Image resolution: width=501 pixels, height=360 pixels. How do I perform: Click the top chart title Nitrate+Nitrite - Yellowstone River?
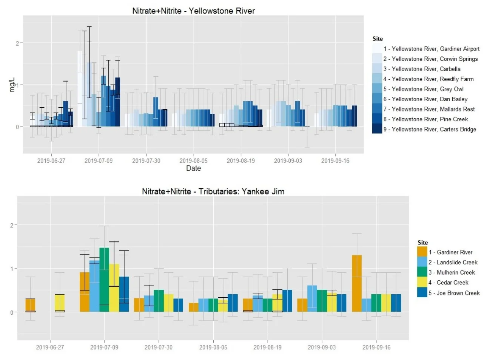coord(193,11)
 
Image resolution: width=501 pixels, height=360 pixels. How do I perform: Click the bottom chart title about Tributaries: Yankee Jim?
coord(213,192)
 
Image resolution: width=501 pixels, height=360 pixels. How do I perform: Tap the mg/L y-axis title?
coord(12,85)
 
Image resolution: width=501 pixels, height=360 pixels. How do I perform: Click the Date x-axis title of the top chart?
coord(193,168)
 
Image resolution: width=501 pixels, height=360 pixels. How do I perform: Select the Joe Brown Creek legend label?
coord(458,293)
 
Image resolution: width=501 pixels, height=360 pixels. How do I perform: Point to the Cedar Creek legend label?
coord(452,283)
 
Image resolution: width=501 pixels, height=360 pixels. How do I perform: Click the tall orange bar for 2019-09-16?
coord(357,283)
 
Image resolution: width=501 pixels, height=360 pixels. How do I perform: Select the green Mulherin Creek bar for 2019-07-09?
coord(104,280)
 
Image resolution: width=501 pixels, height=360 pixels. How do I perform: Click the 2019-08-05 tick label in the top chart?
coord(193,161)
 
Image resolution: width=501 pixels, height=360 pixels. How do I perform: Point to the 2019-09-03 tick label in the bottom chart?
coord(322,348)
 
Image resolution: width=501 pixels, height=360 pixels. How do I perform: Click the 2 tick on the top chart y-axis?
coord(17,43)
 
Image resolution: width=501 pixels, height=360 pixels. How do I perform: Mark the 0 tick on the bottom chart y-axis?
coord(12,312)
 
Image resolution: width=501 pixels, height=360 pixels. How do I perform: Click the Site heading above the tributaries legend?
coord(422,243)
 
